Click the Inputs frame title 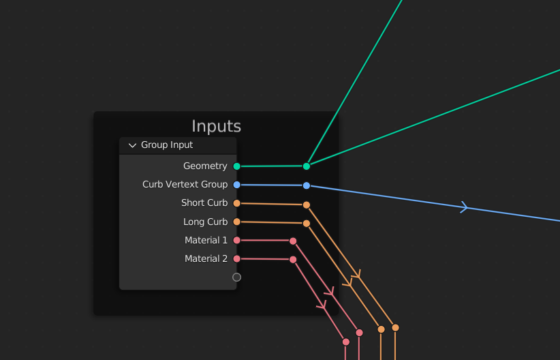click(x=216, y=126)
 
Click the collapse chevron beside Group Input click(x=132, y=145)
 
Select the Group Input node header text click(x=167, y=145)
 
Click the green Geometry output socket click(x=236, y=166)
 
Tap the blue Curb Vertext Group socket click(x=236, y=185)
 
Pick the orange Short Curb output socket click(x=236, y=203)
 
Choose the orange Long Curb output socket click(x=236, y=222)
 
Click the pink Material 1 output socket click(x=236, y=240)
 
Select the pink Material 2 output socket click(x=236, y=258)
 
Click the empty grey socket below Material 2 click(x=236, y=277)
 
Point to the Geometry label click(x=205, y=166)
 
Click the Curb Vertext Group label click(x=185, y=185)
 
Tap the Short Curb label click(x=204, y=203)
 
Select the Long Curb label click(x=205, y=222)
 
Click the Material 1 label click(x=206, y=240)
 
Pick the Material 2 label click(x=206, y=258)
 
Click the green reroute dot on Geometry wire click(x=307, y=166)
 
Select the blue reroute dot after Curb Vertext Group click(x=307, y=185)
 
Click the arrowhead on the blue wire click(x=465, y=207)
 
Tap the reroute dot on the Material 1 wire click(x=293, y=241)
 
